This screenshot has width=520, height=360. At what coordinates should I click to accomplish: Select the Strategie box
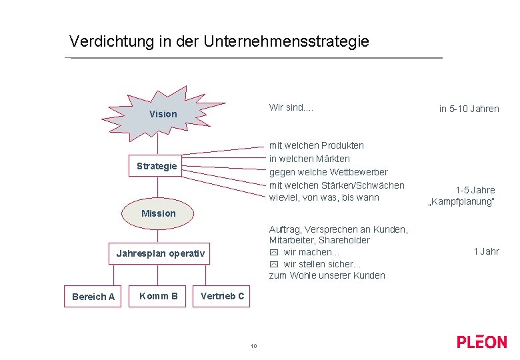157,166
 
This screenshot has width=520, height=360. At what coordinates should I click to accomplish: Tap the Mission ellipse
159,213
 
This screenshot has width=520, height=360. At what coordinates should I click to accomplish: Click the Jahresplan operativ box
160,253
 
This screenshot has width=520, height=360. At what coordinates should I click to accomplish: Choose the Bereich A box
93,297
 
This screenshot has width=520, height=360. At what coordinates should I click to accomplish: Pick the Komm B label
158,296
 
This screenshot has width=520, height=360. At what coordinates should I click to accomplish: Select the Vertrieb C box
222,296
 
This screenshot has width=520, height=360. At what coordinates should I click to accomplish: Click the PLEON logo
481,342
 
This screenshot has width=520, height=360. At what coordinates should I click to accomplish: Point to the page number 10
253,346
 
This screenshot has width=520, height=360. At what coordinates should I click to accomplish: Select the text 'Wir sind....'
291,107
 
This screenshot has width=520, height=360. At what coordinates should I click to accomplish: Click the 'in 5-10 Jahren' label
469,109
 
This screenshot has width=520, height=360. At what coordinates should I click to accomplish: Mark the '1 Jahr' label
486,251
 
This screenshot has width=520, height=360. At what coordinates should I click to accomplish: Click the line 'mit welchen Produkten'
317,145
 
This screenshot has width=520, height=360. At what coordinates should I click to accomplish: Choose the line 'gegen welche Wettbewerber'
328,172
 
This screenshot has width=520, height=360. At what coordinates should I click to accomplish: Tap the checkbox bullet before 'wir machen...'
273,253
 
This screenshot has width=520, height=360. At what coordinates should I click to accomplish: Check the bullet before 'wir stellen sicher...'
273,264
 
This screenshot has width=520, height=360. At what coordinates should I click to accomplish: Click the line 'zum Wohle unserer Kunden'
327,275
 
